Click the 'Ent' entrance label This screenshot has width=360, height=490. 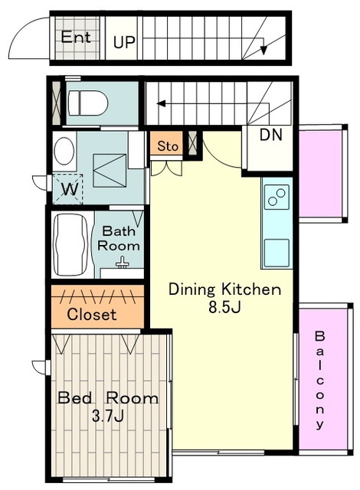click(76, 38)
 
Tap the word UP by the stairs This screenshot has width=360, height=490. click(124, 42)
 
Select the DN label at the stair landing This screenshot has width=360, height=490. click(271, 135)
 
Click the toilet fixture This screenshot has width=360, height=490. click(88, 103)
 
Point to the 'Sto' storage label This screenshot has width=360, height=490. click(168, 146)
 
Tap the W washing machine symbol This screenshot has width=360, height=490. click(68, 189)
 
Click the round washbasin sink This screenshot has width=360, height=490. click(64, 152)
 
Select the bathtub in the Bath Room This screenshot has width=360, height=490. click(70, 244)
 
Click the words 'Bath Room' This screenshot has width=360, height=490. click(119, 238)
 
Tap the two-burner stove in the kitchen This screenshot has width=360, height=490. click(277, 198)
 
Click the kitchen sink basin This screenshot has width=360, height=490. click(277, 253)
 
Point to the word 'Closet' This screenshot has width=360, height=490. click(92, 314)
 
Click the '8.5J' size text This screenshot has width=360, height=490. click(224, 308)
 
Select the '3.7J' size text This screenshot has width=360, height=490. click(108, 416)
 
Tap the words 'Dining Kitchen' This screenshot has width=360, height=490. click(224, 289)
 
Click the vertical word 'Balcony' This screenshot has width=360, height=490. click(319, 381)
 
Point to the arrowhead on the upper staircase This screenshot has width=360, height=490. click(264, 50)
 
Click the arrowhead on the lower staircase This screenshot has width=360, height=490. click(162, 103)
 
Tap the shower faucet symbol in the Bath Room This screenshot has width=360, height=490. click(123, 263)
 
